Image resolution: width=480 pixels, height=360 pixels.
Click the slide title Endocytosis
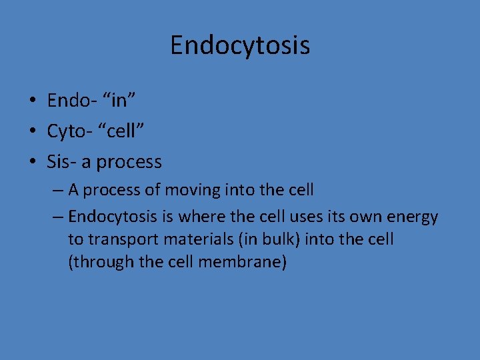[240, 45]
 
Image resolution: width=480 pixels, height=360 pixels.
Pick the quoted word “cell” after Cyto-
[123, 131]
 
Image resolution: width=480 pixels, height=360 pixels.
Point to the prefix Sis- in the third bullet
[61, 162]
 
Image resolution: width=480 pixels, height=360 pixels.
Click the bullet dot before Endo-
[32, 101]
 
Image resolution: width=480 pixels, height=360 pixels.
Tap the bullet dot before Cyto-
[32, 132]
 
